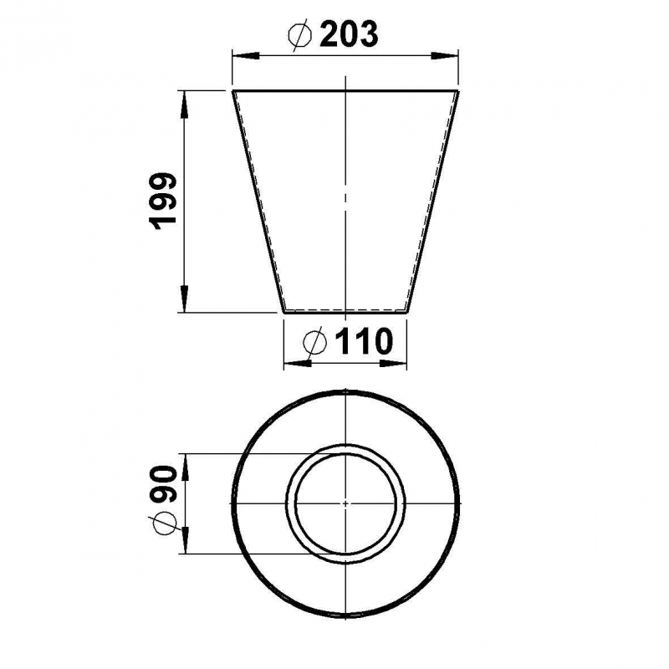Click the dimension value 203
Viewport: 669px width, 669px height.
click(349, 34)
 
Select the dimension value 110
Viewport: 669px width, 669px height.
click(364, 341)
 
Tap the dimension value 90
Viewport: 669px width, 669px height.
click(164, 484)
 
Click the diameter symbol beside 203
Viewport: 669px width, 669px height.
click(300, 35)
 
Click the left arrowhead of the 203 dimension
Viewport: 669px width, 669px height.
click(246, 56)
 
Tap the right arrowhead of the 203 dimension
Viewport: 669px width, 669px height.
click(444, 56)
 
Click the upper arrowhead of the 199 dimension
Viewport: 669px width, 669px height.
click(184, 105)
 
